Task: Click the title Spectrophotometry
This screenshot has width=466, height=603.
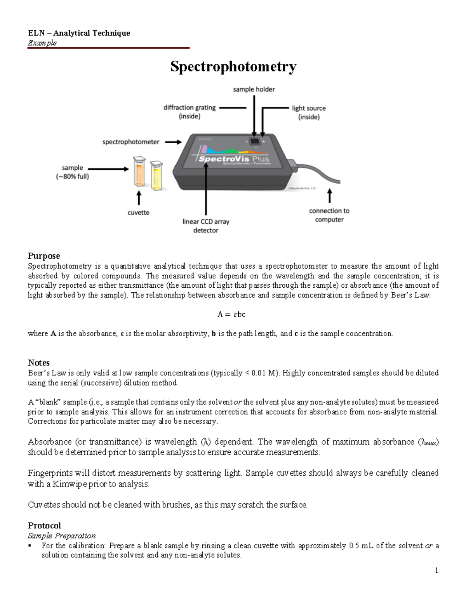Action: point(233,67)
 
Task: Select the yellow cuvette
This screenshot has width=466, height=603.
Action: point(156,177)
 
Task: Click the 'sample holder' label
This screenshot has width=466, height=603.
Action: point(254,89)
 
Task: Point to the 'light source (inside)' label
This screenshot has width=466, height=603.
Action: point(309,113)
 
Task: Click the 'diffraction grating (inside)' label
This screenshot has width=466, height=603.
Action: point(190,112)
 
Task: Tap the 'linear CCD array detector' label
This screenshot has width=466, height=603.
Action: point(206,226)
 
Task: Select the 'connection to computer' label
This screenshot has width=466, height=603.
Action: point(329,215)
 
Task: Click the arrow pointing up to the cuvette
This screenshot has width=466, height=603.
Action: point(139,198)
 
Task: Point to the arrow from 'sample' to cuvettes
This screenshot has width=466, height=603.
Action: point(108,169)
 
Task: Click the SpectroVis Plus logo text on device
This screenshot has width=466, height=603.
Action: point(233,159)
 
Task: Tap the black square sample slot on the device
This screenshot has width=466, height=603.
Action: point(254,141)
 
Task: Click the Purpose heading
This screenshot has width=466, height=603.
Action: point(44,256)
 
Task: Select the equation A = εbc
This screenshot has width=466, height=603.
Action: point(231,315)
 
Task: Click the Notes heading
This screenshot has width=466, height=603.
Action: point(38,363)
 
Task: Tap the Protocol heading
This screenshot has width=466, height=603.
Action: point(44,526)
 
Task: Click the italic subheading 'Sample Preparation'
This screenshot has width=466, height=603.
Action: point(61,536)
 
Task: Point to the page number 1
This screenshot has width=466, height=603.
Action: point(436,570)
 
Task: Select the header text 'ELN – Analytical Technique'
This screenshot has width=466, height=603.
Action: point(79,33)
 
